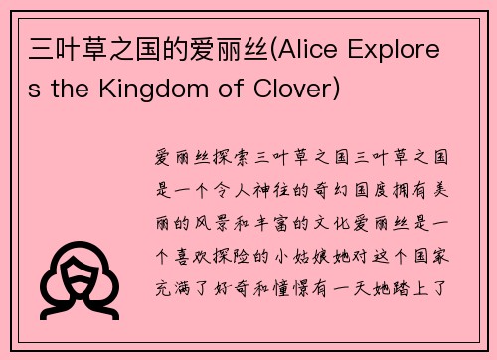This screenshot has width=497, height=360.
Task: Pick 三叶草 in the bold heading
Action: coord(57,47)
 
